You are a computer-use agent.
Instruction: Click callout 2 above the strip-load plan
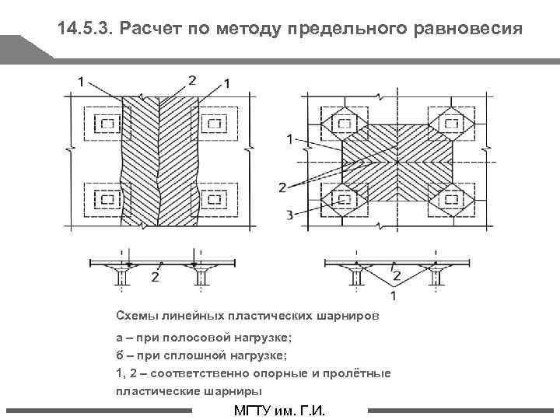191,79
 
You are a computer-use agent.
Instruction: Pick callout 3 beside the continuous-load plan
289,215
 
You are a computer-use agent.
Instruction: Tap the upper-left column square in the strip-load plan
105,124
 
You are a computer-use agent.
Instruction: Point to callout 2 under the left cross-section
156,277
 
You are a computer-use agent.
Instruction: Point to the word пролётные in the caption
363,374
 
